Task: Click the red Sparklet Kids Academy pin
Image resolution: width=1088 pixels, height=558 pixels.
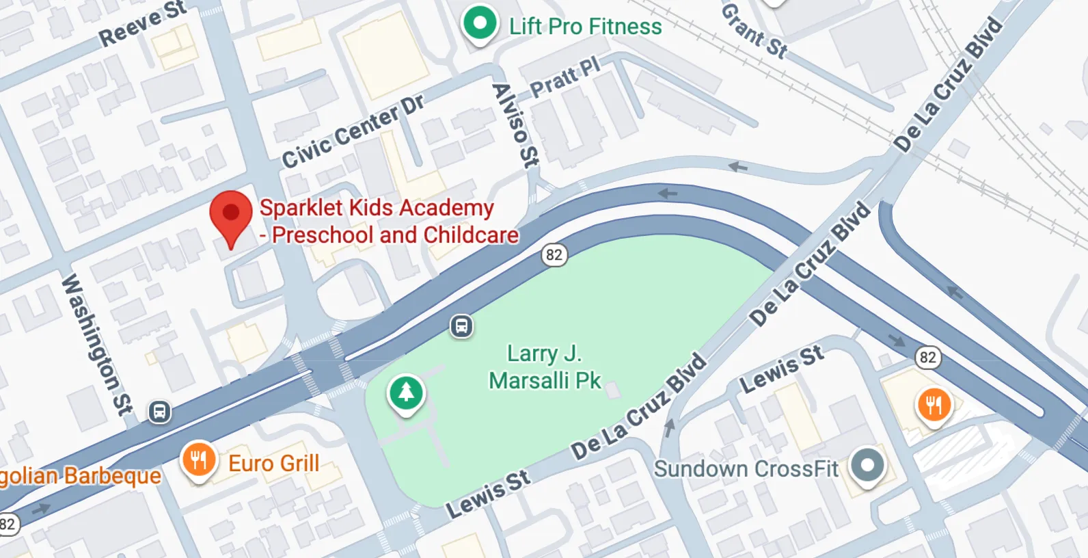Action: coord(231,214)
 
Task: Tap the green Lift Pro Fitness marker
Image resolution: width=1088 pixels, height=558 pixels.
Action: coord(480,24)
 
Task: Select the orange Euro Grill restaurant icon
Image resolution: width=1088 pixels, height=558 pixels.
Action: coord(199,460)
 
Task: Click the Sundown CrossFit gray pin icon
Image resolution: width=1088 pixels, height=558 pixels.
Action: coord(867,466)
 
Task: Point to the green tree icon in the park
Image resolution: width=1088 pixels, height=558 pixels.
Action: coord(407,393)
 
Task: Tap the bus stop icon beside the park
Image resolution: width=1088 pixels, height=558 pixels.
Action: coord(462,326)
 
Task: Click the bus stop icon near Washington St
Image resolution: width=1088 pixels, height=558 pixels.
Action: coord(160,412)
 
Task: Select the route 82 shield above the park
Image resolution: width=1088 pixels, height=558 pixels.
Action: coord(554,255)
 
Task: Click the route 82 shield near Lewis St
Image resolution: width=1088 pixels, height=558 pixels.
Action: coord(927,357)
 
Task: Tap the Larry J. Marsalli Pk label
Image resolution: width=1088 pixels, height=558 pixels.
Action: coord(545,367)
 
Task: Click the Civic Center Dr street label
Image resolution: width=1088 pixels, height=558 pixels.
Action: coord(353,131)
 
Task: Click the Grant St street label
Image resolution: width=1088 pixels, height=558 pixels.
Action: coord(754,31)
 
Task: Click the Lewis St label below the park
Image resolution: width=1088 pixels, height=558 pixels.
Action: coord(488,494)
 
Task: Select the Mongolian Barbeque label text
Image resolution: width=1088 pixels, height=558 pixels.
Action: coord(81,476)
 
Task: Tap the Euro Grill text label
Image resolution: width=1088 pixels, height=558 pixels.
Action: coord(273,463)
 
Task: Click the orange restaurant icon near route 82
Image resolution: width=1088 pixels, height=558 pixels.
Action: coord(933,406)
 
